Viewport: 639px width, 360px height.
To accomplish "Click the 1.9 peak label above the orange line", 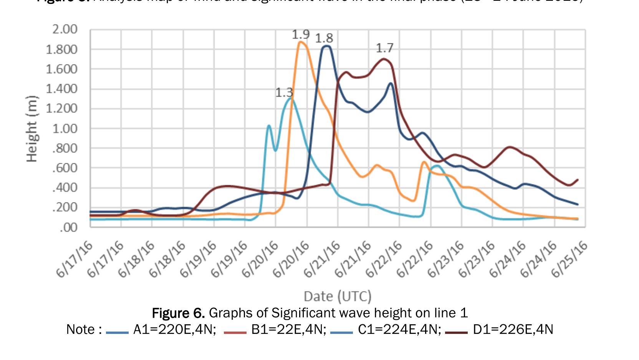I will click(301, 35).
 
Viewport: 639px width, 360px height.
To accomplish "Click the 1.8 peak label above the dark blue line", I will click(324, 38).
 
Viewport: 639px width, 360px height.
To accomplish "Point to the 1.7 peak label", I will click(384, 48).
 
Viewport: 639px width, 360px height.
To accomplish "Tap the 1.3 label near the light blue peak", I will click(284, 93).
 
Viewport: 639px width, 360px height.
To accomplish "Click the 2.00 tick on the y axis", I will click(65, 29).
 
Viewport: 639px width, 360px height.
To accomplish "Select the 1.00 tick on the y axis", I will click(65, 128).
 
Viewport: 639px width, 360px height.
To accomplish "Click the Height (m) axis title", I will click(32, 128).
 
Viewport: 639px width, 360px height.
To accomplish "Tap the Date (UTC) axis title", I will click(338, 296).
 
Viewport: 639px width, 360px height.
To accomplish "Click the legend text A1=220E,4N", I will click(174, 330).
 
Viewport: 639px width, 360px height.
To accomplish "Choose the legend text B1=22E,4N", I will click(288, 330).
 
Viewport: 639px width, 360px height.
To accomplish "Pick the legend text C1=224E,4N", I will click(399, 330).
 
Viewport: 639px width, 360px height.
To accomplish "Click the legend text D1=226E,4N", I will click(513, 330).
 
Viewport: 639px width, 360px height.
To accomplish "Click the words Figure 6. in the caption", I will click(178, 313).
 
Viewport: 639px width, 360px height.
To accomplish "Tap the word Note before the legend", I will click(81, 330).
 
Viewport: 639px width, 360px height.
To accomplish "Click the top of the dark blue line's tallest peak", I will click(326, 46).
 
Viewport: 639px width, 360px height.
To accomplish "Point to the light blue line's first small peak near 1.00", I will click(269, 126).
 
